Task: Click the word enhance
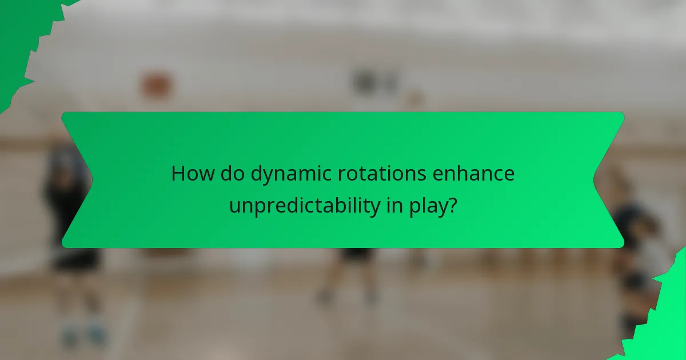point(475,174)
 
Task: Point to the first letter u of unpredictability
point(234,206)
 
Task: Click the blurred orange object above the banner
point(155,85)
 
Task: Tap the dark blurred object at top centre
point(368,81)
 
